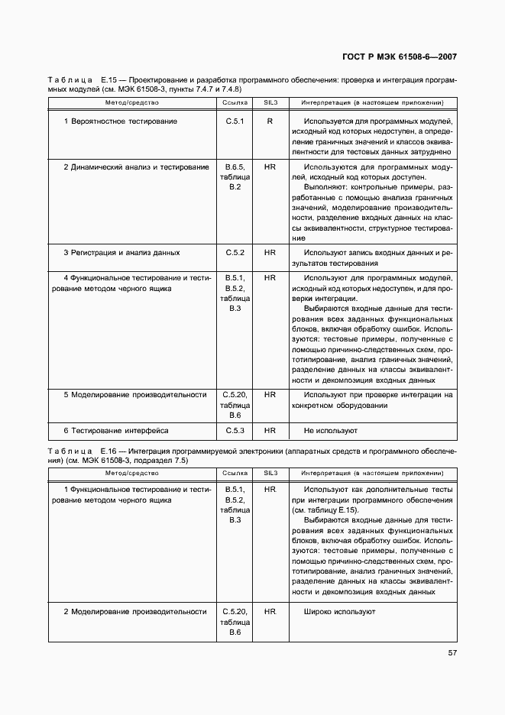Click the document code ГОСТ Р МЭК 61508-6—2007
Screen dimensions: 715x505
point(400,57)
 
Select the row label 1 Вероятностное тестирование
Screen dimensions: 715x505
point(121,121)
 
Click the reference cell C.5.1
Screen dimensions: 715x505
point(235,121)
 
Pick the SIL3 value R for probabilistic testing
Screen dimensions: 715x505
point(270,121)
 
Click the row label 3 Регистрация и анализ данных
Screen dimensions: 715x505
point(122,252)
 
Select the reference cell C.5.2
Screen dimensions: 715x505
point(235,252)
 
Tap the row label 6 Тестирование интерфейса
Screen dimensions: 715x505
point(116,431)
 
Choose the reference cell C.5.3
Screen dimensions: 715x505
point(235,431)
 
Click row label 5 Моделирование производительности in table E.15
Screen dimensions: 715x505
point(135,395)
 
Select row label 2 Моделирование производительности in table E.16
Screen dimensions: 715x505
point(135,612)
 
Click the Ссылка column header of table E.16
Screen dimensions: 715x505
point(235,474)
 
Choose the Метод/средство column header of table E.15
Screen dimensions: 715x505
point(132,102)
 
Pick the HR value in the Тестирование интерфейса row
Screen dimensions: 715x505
point(270,431)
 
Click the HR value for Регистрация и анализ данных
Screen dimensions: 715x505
point(270,252)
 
